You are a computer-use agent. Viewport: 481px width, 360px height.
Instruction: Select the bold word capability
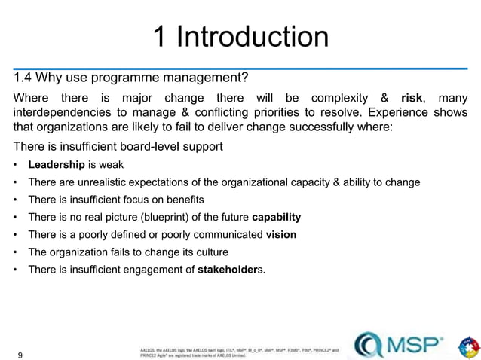point(276,217)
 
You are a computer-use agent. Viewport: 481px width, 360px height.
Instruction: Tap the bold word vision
point(281,234)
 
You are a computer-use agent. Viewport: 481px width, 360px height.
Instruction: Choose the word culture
point(210,252)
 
